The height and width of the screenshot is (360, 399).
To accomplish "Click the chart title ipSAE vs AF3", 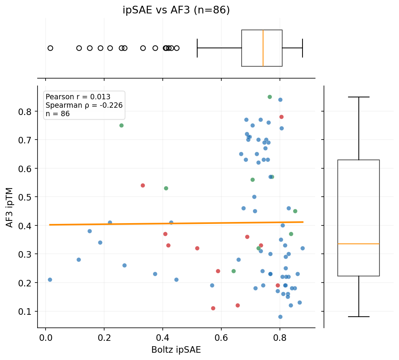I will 176,10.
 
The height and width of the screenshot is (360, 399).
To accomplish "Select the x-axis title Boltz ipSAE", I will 176,350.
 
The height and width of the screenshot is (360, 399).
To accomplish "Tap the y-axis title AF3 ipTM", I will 10,207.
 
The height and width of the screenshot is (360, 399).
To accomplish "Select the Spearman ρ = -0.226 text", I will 84,105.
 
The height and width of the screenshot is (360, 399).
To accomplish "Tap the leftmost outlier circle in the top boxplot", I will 50,48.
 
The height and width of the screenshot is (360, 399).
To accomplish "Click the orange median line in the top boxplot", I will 263,48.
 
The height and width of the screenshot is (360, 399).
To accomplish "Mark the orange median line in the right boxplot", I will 359,244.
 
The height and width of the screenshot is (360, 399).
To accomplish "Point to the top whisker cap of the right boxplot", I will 359,97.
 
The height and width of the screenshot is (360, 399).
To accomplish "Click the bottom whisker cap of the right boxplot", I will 359,317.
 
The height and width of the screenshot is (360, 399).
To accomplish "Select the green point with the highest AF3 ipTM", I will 270,97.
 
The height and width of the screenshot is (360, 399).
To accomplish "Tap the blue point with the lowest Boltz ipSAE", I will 50,280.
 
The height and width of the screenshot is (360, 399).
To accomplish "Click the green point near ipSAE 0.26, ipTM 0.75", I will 121,125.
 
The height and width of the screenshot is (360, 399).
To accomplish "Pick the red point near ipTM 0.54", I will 143,186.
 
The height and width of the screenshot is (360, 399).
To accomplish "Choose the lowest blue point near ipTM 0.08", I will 280,317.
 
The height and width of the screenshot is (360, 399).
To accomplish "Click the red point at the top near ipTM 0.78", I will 281,117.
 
